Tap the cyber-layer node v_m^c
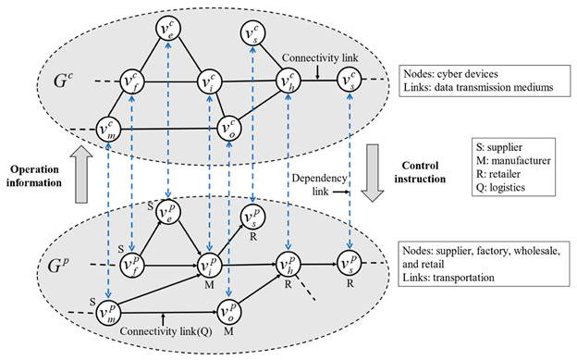(x=109, y=125)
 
